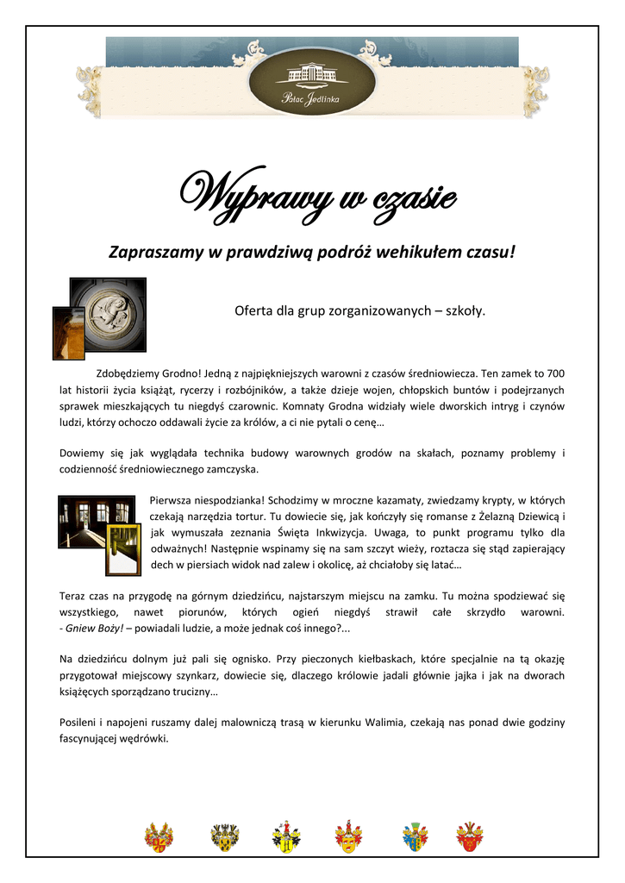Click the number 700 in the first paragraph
(556, 373)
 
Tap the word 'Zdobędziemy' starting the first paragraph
(129, 373)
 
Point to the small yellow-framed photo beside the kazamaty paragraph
(122, 548)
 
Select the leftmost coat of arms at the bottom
(159, 836)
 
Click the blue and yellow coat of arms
(415, 836)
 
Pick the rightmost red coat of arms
(470, 836)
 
